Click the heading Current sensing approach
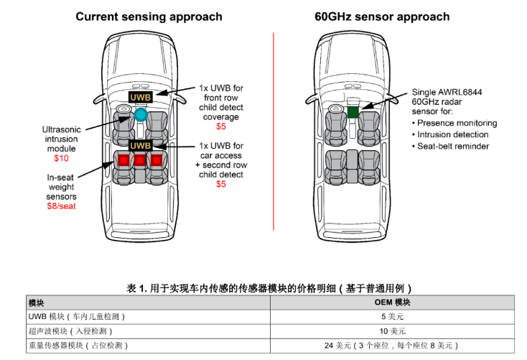pyautogui.click(x=149, y=17)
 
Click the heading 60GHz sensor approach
pyautogui.click(x=382, y=17)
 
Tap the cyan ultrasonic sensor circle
pyautogui.click(x=141, y=114)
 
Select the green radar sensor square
pyautogui.click(x=353, y=112)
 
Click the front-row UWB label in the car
pyautogui.click(x=140, y=96)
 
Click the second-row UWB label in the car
pyautogui.click(x=140, y=145)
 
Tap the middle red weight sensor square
pyautogui.click(x=140, y=160)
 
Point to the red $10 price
pyautogui.click(x=61, y=158)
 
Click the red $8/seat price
pyautogui.click(x=62, y=206)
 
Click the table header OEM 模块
pyautogui.click(x=393, y=303)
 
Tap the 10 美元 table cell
pyautogui.click(x=393, y=331)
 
